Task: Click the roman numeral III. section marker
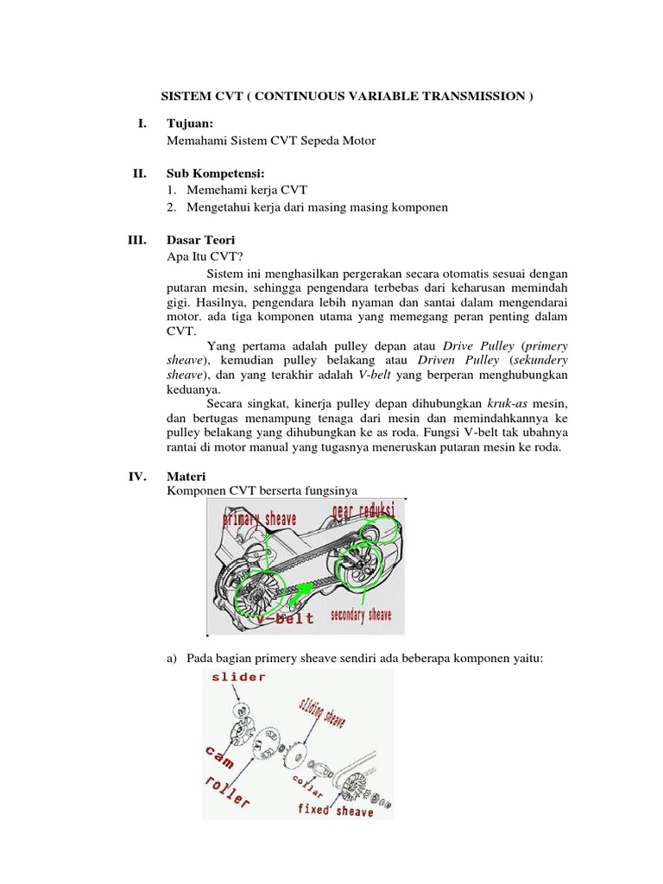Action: (x=137, y=239)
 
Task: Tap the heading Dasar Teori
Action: (x=199, y=239)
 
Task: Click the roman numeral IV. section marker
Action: (x=138, y=476)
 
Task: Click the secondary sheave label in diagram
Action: (x=361, y=616)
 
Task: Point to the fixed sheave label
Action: (x=336, y=811)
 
